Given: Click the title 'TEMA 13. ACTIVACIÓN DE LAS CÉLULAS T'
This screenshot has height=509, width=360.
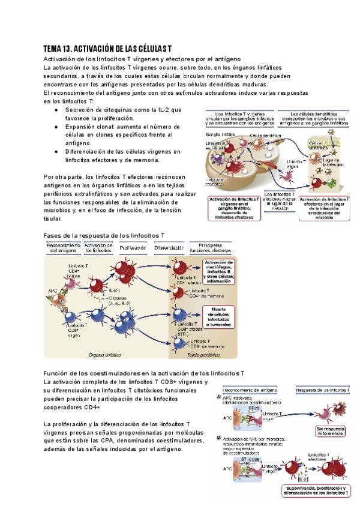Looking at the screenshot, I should tap(109, 48).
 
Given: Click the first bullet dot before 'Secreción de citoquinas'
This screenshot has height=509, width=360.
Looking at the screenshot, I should tap(56, 110).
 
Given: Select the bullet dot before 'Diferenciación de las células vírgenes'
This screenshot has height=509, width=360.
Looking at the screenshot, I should tap(56, 152).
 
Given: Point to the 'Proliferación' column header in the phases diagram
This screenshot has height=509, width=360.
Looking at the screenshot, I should tap(133, 247).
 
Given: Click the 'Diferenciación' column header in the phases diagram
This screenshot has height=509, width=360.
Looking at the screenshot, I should tap(169, 247).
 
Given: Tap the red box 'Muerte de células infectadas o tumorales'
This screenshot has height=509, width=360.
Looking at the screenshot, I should tap(218, 315).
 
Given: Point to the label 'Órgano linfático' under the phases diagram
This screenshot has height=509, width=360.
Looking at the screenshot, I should tap(104, 354).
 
